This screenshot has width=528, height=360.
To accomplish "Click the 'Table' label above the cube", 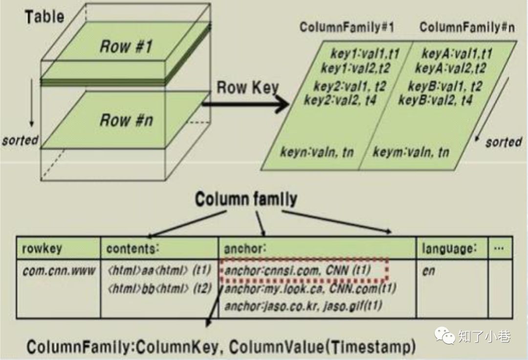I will coord(44,17).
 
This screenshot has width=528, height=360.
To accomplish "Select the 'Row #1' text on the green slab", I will coord(126,46).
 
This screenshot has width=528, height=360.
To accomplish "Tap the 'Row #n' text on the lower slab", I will coord(126,120).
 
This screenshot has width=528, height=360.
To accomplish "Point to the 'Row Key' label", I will coord(247,88).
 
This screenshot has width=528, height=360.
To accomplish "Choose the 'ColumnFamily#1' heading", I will coord(347,27).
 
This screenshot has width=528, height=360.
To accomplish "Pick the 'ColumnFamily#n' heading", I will coord(467,27).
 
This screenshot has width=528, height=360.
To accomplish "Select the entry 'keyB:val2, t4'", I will coord(436,100).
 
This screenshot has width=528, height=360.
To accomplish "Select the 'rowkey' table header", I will coord(42,248).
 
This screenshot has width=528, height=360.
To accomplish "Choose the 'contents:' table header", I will coord(133,248).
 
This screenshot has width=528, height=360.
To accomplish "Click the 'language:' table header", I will coord(449,248).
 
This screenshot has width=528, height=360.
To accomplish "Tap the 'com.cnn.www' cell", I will coord(59,271).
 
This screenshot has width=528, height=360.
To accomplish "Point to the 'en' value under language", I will coord(428,271).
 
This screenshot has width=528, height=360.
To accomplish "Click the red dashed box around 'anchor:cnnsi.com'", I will coord(304,270).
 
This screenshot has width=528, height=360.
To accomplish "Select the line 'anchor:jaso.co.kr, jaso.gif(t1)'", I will coord(303,306).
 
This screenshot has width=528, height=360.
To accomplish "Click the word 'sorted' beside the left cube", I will coord(20,140).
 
